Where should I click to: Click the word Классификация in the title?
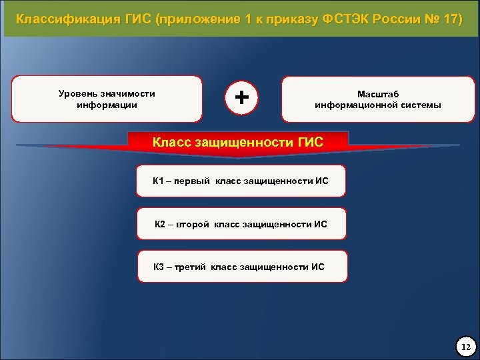point(59,19)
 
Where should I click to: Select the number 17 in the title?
point(449,19)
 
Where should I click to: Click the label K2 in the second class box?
point(160,224)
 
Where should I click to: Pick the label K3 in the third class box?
point(159,267)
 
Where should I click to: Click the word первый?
point(193,181)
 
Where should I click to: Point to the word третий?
point(191,267)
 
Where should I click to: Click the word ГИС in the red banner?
point(308,141)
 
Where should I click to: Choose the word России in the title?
point(396,19)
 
